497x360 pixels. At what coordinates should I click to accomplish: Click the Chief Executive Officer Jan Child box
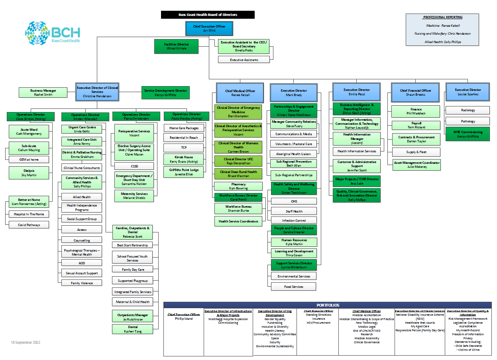click(209, 28)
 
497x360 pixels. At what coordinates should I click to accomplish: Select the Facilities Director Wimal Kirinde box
click(176, 46)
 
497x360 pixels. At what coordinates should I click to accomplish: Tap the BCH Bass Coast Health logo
click(52, 33)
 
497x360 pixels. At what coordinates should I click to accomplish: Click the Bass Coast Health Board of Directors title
click(208, 15)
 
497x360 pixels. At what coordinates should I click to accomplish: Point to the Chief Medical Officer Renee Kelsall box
click(240, 93)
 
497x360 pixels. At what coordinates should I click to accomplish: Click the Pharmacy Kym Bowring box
click(238, 186)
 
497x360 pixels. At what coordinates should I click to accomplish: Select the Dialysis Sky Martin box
click(29, 173)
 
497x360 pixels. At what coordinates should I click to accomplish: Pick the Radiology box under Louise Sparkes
click(468, 110)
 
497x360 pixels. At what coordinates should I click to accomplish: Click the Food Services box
click(293, 287)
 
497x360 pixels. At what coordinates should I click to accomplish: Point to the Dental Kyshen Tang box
click(132, 329)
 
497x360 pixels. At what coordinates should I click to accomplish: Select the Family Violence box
click(82, 283)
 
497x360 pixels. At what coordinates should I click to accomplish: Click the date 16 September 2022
click(26, 342)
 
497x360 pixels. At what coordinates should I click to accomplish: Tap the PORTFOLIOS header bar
click(327, 305)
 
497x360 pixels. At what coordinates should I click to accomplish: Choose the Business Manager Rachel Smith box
click(43, 92)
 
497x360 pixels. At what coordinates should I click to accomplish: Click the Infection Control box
click(294, 220)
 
